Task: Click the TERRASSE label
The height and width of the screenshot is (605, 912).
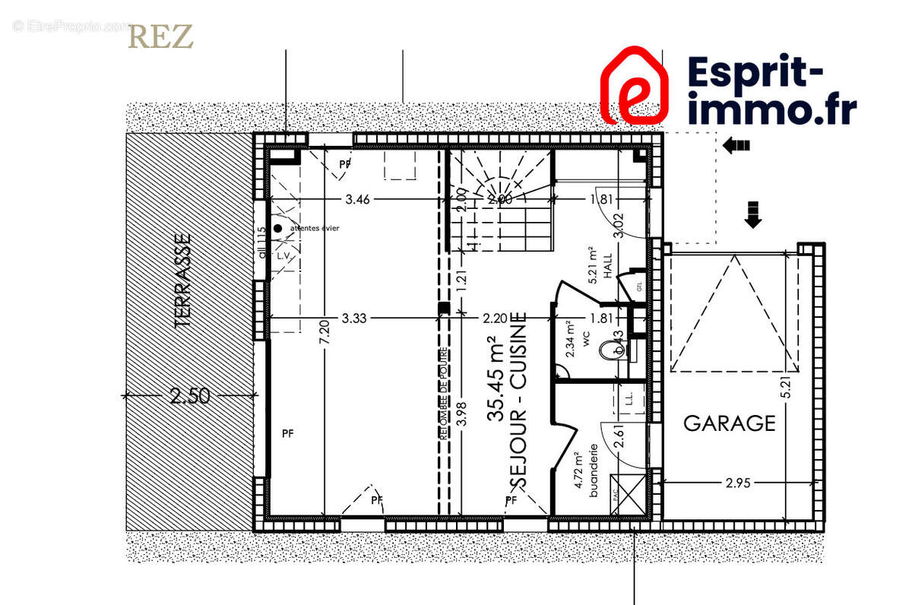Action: click(182, 280)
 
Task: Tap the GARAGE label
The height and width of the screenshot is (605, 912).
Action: click(730, 423)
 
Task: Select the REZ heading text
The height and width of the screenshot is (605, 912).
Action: click(160, 36)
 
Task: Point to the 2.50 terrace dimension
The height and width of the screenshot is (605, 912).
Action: click(190, 397)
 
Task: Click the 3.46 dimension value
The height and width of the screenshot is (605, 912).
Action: click(357, 200)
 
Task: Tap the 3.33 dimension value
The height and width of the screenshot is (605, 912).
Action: click(354, 318)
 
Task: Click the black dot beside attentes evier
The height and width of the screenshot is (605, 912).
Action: click(277, 228)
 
